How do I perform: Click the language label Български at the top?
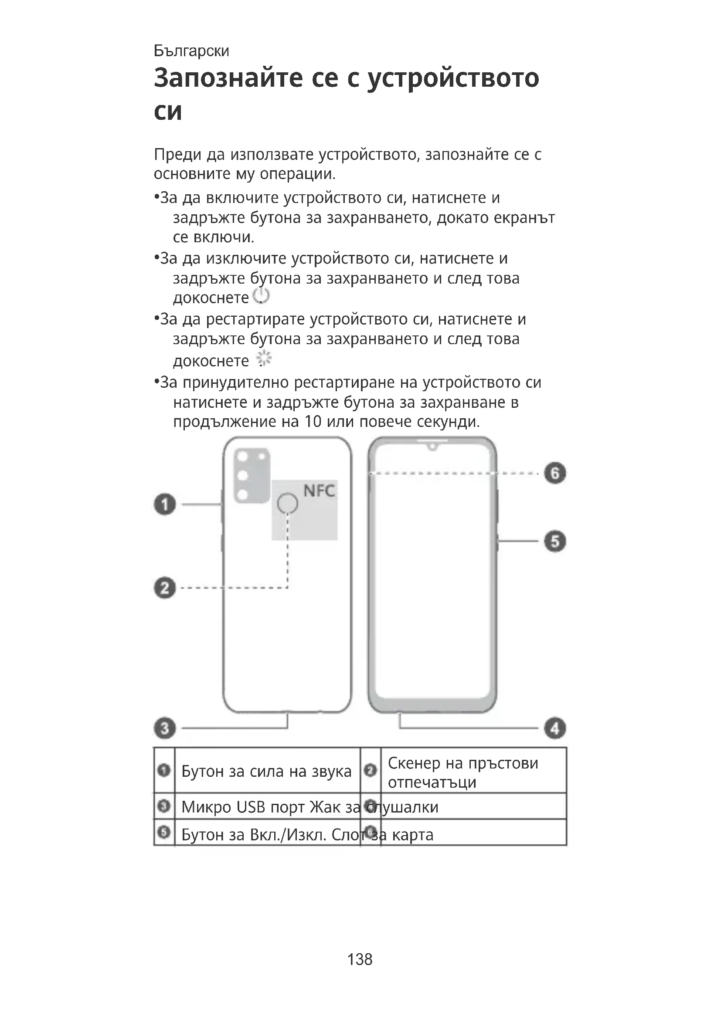click(191, 51)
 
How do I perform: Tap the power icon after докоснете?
click(261, 296)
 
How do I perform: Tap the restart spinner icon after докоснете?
click(264, 359)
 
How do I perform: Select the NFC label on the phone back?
click(319, 491)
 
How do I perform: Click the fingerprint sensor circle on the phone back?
click(287, 503)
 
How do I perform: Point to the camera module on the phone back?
click(252, 475)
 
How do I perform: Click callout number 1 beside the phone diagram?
click(165, 504)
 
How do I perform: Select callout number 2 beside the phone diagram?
click(165, 588)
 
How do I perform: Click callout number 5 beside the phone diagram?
click(555, 541)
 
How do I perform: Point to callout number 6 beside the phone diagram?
click(555, 473)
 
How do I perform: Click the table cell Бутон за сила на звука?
click(266, 772)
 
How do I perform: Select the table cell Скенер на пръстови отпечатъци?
click(463, 772)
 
